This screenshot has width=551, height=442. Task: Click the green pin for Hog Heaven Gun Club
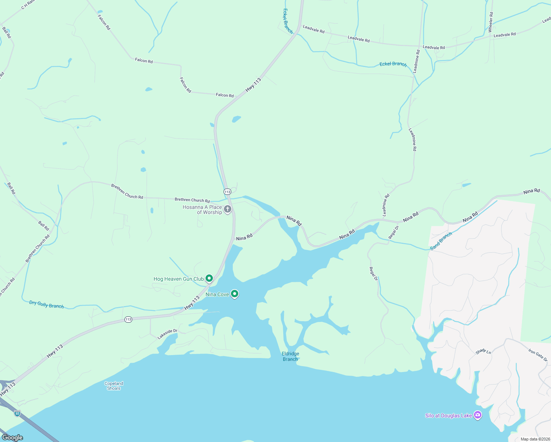pyautogui.click(x=209, y=278)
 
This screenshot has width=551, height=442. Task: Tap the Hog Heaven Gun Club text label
pyautogui.click(x=178, y=279)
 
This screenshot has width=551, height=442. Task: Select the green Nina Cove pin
pyautogui.click(x=235, y=294)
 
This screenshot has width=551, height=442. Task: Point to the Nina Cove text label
pyautogui.click(x=217, y=295)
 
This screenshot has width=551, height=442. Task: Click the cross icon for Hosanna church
pyautogui.click(x=228, y=209)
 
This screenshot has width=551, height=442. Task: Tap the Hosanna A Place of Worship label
pyautogui.click(x=203, y=210)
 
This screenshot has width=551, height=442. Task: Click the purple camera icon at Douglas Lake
pyautogui.click(x=478, y=415)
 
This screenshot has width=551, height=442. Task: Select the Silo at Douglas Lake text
pyautogui.click(x=448, y=416)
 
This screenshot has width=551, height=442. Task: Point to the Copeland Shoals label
pyautogui.click(x=114, y=386)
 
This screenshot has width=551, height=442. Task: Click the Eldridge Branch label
pyautogui.click(x=290, y=357)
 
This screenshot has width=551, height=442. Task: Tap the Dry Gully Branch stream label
pyautogui.click(x=46, y=305)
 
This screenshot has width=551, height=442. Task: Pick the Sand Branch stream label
pyautogui.click(x=441, y=241)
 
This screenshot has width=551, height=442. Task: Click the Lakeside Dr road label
pyautogui.click(x=167, y=334)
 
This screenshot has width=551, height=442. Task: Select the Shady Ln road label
pyautogui.click(x=483, y=351)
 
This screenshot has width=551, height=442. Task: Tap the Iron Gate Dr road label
pyautogui.click(x=538, y=355)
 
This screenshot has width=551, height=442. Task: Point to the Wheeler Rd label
pyautogui.click(x=491, y=22)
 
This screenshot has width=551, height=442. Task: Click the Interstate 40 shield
pyautogui.click(x=17, y=413)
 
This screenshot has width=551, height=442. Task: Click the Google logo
pyautogui.click(x=13, y=438)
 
